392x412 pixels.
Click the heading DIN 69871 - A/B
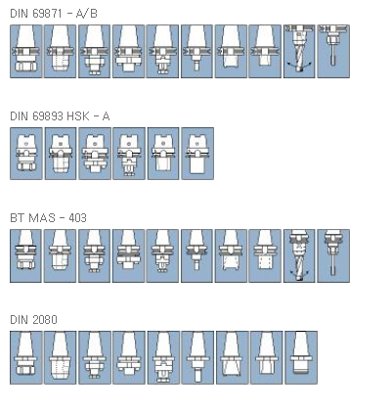(54, 14)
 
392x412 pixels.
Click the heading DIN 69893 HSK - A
(60, 116)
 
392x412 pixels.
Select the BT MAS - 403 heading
(48, 218)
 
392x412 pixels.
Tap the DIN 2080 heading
(33, 320)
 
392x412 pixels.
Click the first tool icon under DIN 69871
(26, 51)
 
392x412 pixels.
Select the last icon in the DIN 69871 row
(333, 51)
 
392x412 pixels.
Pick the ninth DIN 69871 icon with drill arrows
(299, 51)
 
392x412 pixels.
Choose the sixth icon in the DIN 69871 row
(196, 51)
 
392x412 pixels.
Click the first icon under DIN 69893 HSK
(26, 154)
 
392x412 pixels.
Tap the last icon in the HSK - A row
(197, 154)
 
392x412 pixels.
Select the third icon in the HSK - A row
(95, 154)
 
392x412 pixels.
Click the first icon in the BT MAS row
(25, 255)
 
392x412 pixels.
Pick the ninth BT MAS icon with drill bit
(299, 255)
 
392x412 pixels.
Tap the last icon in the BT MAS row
(333, 255)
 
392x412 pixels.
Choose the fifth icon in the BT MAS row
(162, 255)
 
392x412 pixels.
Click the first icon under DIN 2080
(26, 357)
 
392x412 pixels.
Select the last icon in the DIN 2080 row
(301, 357)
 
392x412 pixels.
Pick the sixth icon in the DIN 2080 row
(197, 357)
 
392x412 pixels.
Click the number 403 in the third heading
(77, 218)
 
